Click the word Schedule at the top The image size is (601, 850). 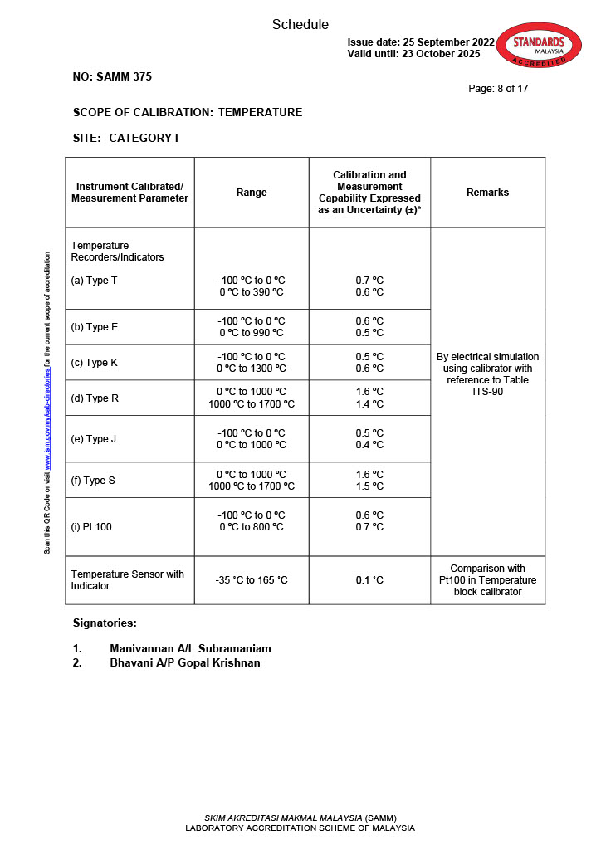[300, 25]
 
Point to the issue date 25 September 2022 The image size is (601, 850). [421, 42]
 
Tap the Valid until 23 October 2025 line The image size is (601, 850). [413, 54]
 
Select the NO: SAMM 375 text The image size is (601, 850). [112, 77]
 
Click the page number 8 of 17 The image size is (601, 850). [498, 88]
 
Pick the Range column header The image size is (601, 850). [252, 193]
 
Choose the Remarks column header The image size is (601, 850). [487, 193]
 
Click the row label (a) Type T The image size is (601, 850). [94, 281]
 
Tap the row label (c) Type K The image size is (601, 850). [95, 363]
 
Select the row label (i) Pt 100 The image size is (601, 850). [91, 527]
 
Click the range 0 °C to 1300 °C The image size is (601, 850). [252, 369]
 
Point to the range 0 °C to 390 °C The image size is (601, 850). [252, 292]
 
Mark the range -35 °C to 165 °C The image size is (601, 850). [252, 580]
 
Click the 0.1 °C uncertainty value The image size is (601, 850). [369, 580]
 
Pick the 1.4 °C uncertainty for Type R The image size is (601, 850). [369, 404]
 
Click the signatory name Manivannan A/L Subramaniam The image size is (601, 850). [190, 648]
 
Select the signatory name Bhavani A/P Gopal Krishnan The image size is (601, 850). [184, 662]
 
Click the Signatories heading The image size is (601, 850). [105, 623]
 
